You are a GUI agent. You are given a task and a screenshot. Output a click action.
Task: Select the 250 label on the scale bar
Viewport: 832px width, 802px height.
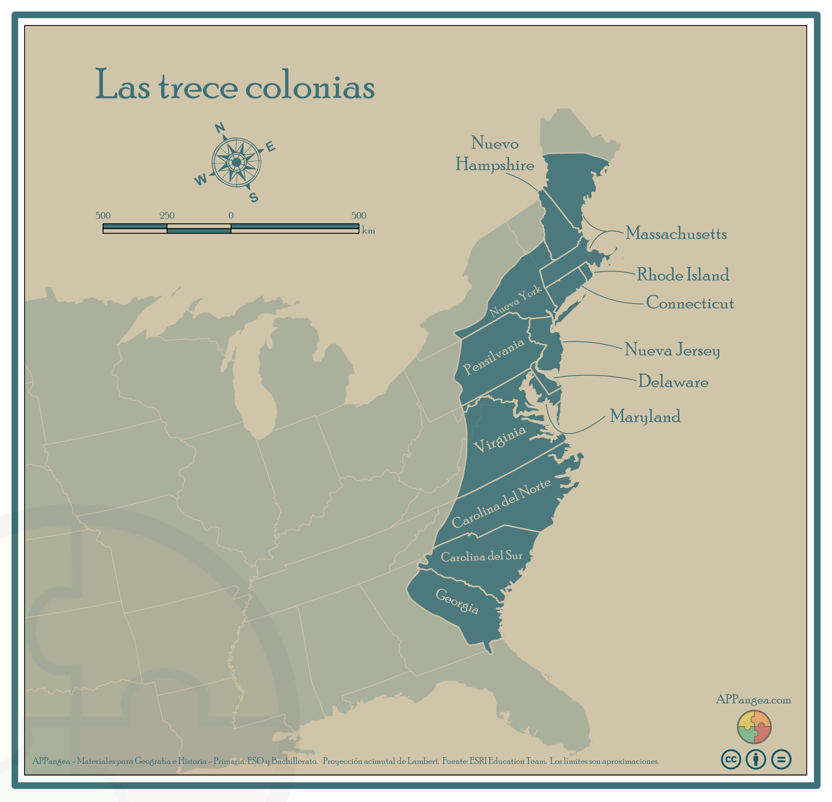(167, 216)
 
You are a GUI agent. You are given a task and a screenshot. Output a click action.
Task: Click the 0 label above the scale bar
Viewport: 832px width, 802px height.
(231, 216)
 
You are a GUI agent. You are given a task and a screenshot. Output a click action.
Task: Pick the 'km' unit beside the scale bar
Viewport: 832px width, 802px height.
(368, 230)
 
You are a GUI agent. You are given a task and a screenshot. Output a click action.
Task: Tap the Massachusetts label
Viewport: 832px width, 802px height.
(676, 233)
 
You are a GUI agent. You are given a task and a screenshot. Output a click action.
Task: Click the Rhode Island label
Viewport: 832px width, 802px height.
(683, 275)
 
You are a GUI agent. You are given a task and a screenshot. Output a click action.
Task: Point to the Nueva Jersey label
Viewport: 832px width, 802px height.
(672, 350)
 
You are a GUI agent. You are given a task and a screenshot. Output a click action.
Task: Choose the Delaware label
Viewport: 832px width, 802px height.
(673, 382)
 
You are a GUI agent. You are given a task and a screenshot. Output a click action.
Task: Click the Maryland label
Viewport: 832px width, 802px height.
(645, 417)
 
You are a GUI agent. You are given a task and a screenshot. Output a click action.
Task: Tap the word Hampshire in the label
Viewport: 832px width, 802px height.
(495, 165)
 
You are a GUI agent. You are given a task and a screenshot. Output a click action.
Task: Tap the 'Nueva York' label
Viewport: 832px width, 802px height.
(515, 302)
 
